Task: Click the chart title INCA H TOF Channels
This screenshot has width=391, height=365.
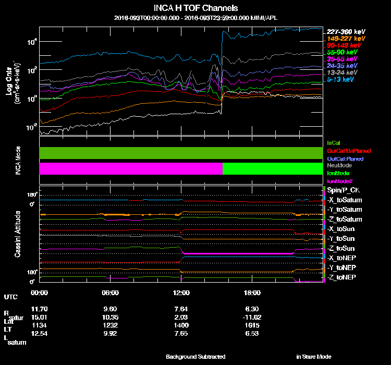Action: tap(195, 8)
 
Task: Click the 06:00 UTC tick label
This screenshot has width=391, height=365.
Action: tap(111, 293)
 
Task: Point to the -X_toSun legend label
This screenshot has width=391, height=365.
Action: tap(344, 229)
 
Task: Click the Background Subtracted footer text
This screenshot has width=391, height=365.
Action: tap(195, 357)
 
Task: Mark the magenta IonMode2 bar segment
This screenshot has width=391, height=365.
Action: tap(130, 169)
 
